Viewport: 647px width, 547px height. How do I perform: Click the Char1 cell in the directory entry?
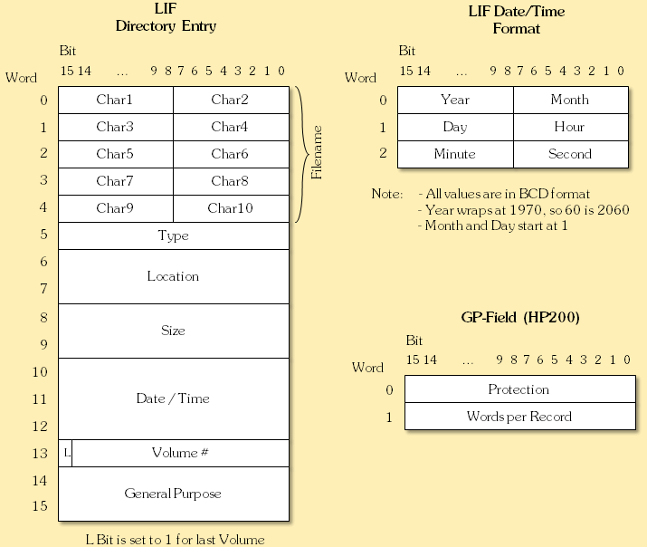click(x=115, y=100)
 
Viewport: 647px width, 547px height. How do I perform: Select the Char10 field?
click(x=231, y=208)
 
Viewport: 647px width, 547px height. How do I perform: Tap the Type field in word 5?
click(x=173, y=235)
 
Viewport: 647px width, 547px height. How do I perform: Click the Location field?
click(x=173, y=276)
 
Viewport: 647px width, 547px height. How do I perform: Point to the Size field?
click(x=173, y=331)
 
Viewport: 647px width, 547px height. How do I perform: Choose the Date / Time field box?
click(x=173, y=398)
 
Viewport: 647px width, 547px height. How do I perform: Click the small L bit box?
click(x=65, y=453)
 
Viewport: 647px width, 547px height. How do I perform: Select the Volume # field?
click(x=180, y=453)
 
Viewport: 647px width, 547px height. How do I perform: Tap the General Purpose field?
click(x=173, y=494)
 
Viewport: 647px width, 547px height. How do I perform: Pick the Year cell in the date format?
click(x=455, y=100)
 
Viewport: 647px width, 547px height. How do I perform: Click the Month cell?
click(x=570, y=100)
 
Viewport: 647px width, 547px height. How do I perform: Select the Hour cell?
click(x=570, y=127)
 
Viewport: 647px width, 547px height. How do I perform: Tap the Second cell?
click(x=570, y=154)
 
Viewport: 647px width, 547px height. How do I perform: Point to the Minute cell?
click(x=455, y=154)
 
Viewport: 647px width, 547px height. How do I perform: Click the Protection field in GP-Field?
click(x=519, y=389)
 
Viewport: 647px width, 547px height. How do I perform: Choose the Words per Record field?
click(x=519, y=417)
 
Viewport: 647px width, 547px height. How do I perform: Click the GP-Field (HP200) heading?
click(x=520, y=318)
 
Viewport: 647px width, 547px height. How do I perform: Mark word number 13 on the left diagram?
click(x=39, y=453)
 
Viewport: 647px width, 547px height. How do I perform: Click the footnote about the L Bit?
click(x=175, y=539)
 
